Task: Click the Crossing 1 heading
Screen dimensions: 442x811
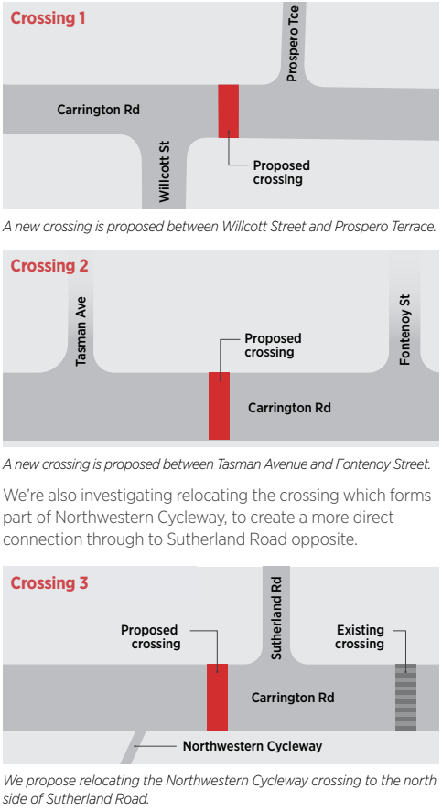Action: pyautogui.click(x=48, y=17)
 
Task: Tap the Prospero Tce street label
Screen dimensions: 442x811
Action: pyautogui.click(x=293, y=44)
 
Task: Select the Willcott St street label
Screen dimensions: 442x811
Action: pyautogui.click(x=164, y=172)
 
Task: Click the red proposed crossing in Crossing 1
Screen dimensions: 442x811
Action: pyautogui.click(x=228, y=112)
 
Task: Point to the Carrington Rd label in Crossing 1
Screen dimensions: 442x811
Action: pyautogui.click(x=98, y=110)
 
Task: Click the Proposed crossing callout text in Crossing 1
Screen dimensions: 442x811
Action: pyautogui.click(x=282, y=172)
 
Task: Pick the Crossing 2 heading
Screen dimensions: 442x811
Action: pyautogui.click(x=49, y=266)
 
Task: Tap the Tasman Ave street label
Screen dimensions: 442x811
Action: pyautogui.click(x=81, y=331)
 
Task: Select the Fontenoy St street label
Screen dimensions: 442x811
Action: pyautogui.click(x=405, y=330)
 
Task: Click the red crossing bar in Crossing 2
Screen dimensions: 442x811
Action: pyautogui.click(x=219, y=406)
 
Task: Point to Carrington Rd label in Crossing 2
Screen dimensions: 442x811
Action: pyautogui.click(x=289, y=408)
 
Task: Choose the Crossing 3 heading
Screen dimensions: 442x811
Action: pyautogui.click(x=49, y=583)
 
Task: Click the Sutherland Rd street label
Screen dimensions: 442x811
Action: pyautogui.click(x=276, y=618)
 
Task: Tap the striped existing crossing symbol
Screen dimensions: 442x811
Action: pyautogui.click(x=405, y=697)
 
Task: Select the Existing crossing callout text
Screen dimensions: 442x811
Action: pyautogui.click(x=360, y=636)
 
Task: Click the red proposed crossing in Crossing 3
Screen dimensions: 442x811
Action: pyautogui.click(x=218, y=697)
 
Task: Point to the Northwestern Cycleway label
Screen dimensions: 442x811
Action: pyautogui.click(x=253, y=746)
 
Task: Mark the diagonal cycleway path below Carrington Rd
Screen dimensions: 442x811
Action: pyautogui.click(x=134, y=747)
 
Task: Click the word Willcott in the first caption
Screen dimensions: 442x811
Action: pyautogui.click(x=243, y=227)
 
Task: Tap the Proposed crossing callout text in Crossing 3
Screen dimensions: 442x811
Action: pyautogui.click(x=150, y=636)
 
